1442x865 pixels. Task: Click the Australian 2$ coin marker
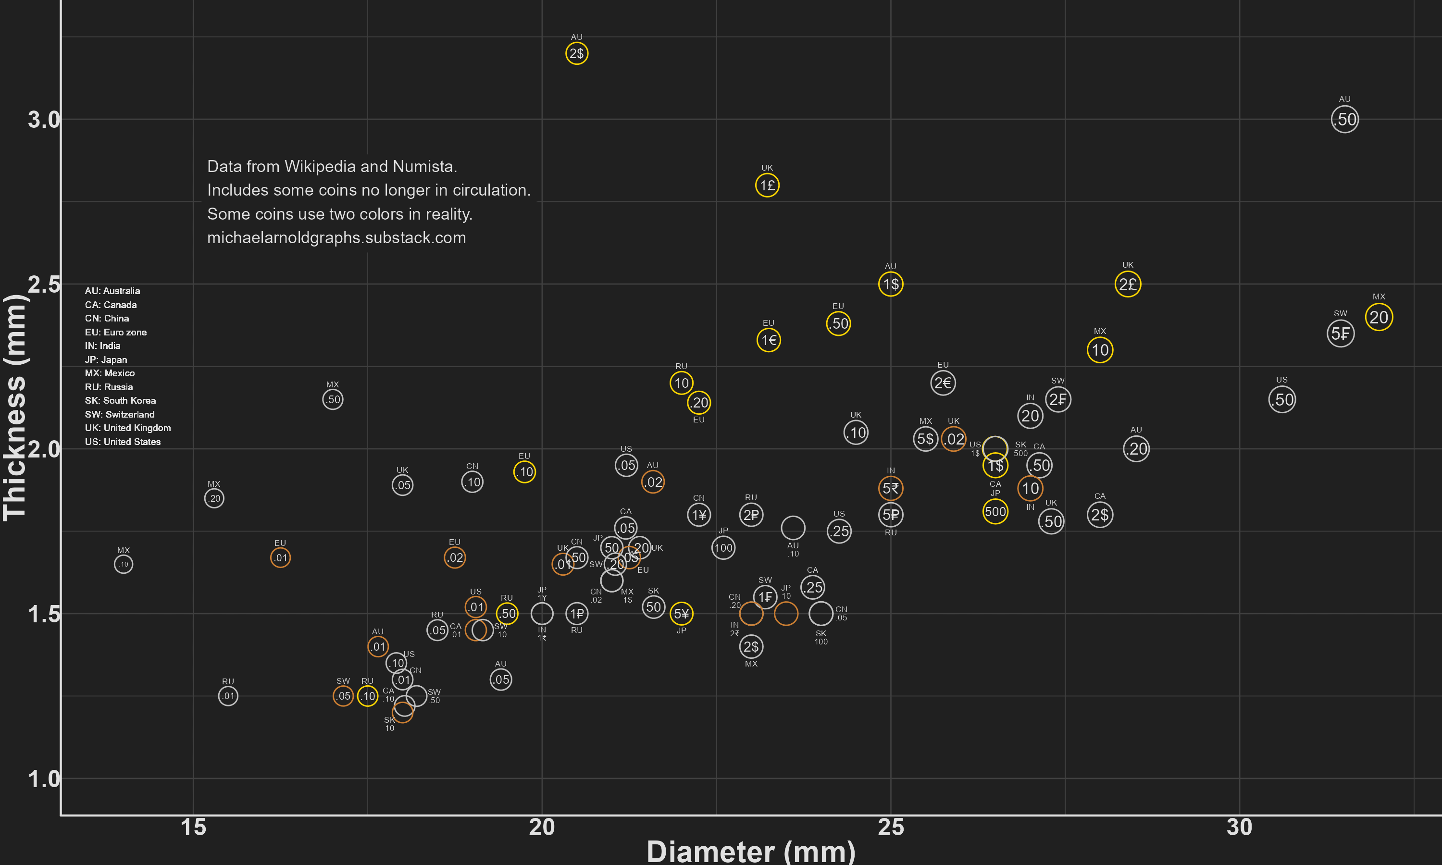[x=576, y=54]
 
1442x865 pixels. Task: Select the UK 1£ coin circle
[x=767, y=185]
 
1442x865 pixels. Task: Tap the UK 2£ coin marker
[x=1128, y=284]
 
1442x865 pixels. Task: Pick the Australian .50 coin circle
[x=1344, y=120]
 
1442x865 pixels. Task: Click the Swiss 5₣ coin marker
[x=1341, y=334]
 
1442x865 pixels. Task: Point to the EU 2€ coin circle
[x=943, y=383]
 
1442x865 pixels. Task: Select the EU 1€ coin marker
[x=769, y=340]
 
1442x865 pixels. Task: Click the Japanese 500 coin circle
[x=995, y=512]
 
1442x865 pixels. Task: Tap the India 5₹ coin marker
[x=891, y=488]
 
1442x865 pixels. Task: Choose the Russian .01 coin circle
[x=228, y=696]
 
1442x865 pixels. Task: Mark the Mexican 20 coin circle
[x=1379, y=317]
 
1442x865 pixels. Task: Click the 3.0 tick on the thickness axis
[x=44, y=120]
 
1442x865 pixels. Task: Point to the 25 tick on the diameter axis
[x=891, y=827]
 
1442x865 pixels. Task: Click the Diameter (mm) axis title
[x=751, y=852]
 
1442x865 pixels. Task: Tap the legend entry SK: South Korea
[x=120, y=400]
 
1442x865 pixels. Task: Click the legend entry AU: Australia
[x=112, y=291]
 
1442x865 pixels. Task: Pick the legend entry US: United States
[x=123, y=442]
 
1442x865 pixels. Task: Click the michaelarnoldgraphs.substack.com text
[x=336, y=238]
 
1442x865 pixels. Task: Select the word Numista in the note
[x=424, y=167]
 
